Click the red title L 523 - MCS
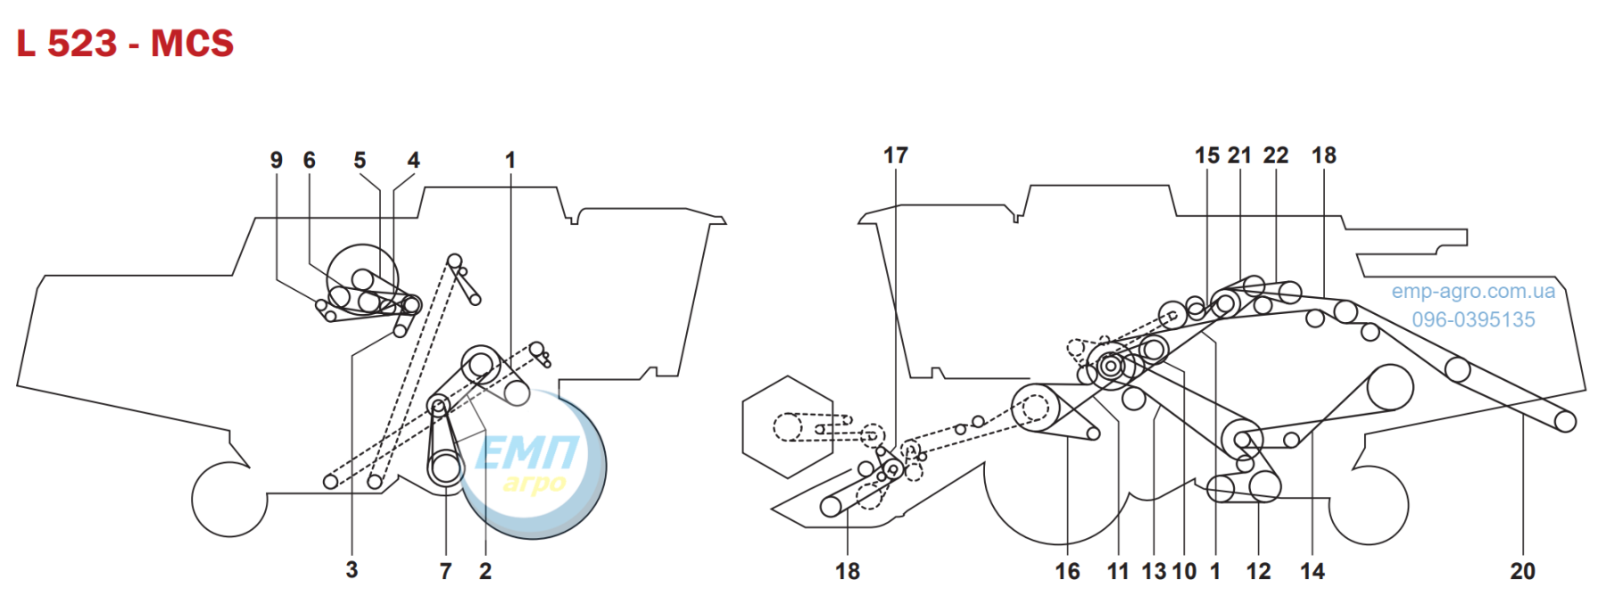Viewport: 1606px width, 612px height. click(x=125, y=43)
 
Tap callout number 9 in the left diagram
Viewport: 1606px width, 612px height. click(x=277, y=160)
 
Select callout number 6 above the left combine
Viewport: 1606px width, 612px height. click(x=310, y=160)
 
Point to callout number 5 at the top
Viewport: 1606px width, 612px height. click(x=360, y=160)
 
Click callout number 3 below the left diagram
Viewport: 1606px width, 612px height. click(x=352, y=570)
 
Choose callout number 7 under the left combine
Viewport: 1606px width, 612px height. click(x=446, y=571)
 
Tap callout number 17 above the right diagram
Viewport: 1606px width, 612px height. click(x=896, y=155)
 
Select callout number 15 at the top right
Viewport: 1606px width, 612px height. click(x=1207, y=155)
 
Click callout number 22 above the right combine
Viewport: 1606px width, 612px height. click(x=1276, y=155)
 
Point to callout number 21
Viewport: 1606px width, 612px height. click(x=1239, y=155)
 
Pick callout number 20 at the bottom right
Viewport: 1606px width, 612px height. click(x=1523, y=571)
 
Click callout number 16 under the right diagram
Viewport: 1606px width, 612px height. click(x=1067, y=571)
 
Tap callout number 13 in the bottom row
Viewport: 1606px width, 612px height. click(x=1154, y=571)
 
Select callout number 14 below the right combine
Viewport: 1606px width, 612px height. click(x=1312, y=571)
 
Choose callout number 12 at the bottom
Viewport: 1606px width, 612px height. click(x=1259, y=571)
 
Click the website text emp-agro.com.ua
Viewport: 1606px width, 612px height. click(x=1473, y=292)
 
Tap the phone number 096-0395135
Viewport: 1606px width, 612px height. click(x=1473, y=319)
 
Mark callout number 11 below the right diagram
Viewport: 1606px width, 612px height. click(x=1118, y=571)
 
